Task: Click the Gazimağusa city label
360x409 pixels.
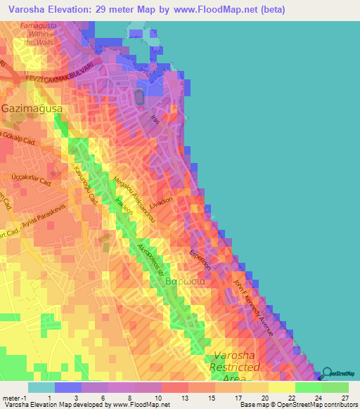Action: tap(32, 110)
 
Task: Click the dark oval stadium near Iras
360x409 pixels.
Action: tap(139, 96)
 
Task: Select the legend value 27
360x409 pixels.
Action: tap(345, 397)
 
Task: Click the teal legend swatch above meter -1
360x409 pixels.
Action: tap(41, 387)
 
